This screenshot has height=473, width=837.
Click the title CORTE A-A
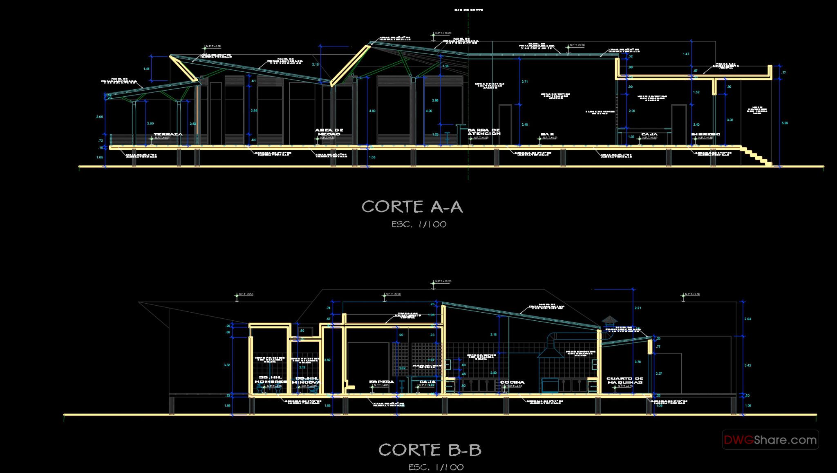[x=412, y=207]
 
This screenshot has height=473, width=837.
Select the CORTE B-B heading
[x=430, y=450]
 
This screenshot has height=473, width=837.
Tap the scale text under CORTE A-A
[x=419, y=224]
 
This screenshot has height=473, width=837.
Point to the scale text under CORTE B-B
[x=436, y=467]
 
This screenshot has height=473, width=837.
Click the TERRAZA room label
[x=168, y=134]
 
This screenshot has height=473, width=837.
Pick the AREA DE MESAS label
[x=329, y=132]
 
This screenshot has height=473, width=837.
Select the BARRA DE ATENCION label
[x=484, y=132]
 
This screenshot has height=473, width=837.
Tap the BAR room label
[x=547, y=134]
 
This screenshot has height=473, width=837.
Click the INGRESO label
[x=705, y=134]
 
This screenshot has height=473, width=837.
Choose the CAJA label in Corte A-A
[x=649, y=134]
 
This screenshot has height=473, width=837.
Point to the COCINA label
[x=512, y=382]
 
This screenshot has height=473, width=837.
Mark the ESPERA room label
[x=382, y=382]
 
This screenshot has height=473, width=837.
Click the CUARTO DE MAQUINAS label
[x=625, y=380]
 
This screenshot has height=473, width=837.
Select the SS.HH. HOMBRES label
[x=271, y=380]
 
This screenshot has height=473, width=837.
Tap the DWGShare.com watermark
[x=770, y=440]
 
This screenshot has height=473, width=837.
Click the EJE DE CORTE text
[x=468, y=10]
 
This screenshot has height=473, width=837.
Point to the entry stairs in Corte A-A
[x=757, y=157]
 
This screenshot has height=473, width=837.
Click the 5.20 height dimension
[x=785, y=123]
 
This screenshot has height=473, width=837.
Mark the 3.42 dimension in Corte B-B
[x=748, y=365]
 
